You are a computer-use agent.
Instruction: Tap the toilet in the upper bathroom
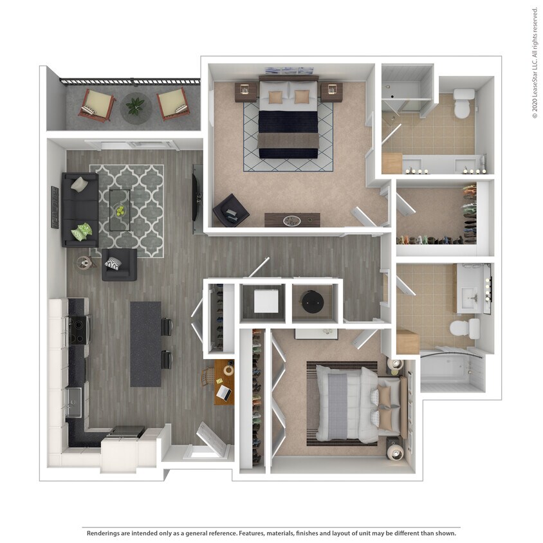[x=463, y=104]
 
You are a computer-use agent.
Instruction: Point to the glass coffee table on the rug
[x=119, y=209]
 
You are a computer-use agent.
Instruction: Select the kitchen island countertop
[x=145, y=344]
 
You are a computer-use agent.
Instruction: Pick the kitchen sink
[x=75, y=402]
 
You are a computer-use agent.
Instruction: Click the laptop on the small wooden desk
[x=223, y=391]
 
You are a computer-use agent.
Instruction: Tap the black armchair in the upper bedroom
[x=230, y=210]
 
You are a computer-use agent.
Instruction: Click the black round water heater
[x=314, y=300]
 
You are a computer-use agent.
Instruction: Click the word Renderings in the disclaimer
[x=106, y=533]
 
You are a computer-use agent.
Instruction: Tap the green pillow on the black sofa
[x=82, y=232]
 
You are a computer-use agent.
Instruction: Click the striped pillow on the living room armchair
[x=113, y=263]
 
